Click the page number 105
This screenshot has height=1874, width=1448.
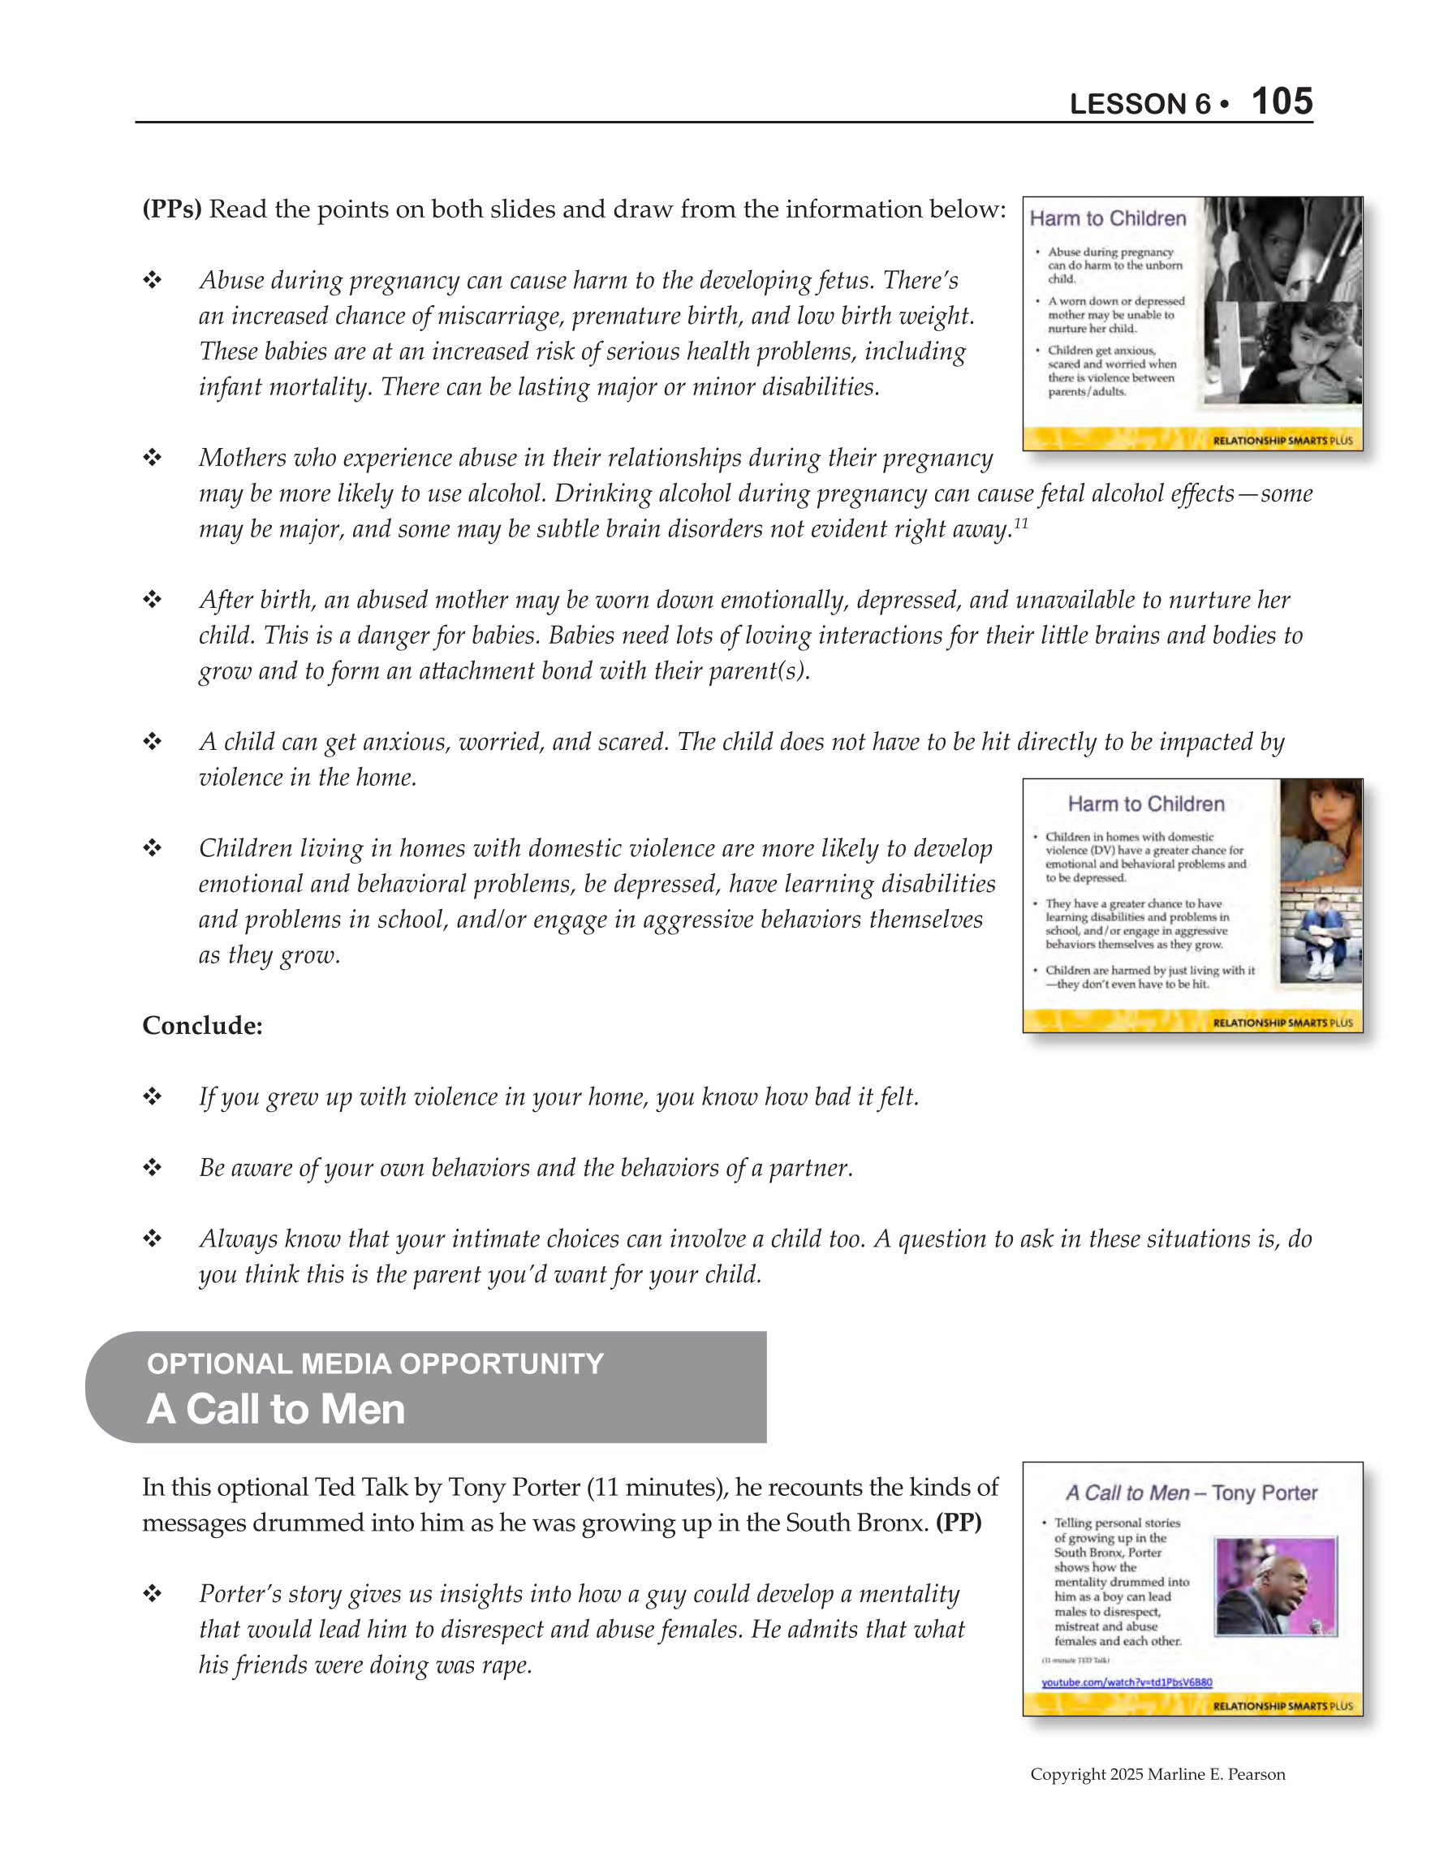(1282, 101)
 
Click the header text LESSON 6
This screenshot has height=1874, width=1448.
(1139, 104)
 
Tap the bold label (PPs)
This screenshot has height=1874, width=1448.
(171, 209)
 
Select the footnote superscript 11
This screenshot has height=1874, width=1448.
(1019, 523)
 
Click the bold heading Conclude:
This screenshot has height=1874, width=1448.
(203, 1025)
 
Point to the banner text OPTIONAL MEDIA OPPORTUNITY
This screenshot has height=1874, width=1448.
(375, 1363)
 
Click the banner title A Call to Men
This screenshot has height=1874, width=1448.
(275, 1410)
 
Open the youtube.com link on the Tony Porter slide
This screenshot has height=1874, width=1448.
(1126, 1682)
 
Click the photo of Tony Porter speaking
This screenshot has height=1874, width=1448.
(1275, 1586)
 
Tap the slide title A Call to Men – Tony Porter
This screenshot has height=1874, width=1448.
(1192, 1493)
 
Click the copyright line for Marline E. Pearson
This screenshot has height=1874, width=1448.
(1157, 1773)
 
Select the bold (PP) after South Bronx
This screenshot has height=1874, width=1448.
(958, 1523)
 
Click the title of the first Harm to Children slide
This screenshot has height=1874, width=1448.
(1107, 219)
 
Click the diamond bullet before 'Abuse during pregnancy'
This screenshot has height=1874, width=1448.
(153, 281)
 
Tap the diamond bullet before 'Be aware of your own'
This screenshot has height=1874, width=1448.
(153, 1168)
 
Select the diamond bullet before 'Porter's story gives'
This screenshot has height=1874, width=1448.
(153, 1594)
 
